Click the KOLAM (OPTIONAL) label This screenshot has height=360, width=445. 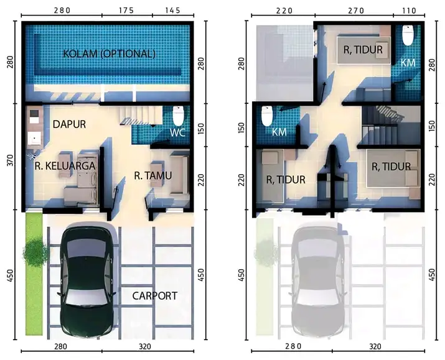pos(109,53)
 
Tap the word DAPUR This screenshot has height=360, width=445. pos(69,124)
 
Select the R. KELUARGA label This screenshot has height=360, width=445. pos(65,166)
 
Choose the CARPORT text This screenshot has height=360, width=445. pos(154,296)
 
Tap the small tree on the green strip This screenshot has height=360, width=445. pos(35,252)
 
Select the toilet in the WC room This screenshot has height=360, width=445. pos(177,116)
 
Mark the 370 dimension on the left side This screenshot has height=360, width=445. pos(11,160)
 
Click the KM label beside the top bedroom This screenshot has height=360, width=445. pos(407,63)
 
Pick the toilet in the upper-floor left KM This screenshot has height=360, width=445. pos(268,116)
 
